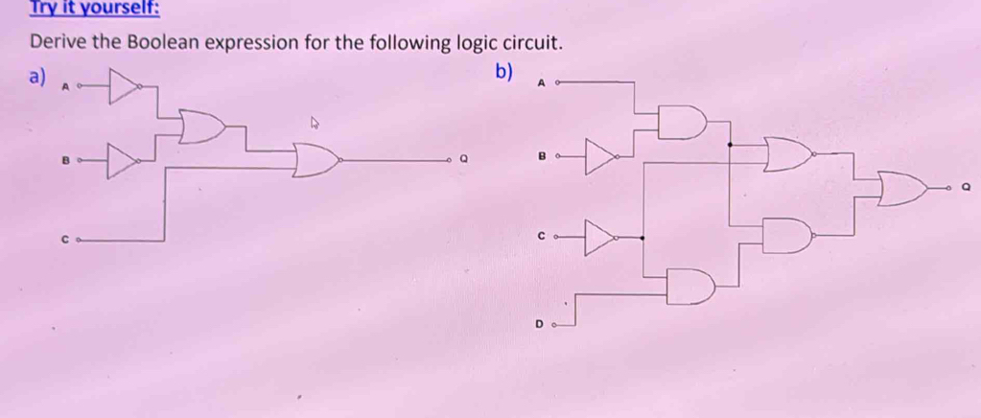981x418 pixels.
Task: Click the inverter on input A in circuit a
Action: pos(122,85)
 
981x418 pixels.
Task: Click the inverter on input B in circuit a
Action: pos(122,161)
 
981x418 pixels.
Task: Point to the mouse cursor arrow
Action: pos(314,123)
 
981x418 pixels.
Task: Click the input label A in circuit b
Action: pos(541,84)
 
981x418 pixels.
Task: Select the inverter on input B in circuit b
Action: pos(600,153)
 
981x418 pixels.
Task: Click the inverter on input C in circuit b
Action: pos(600,234)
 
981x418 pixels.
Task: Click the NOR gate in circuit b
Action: pos(788,153)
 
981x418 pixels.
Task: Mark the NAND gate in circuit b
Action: pos(788,234)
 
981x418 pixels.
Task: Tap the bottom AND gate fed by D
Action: pos(690,286)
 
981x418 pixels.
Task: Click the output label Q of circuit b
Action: pos(962,189)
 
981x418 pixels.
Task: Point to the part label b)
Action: pos(504,72)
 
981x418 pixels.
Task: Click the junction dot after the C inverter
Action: pos(642,235)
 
